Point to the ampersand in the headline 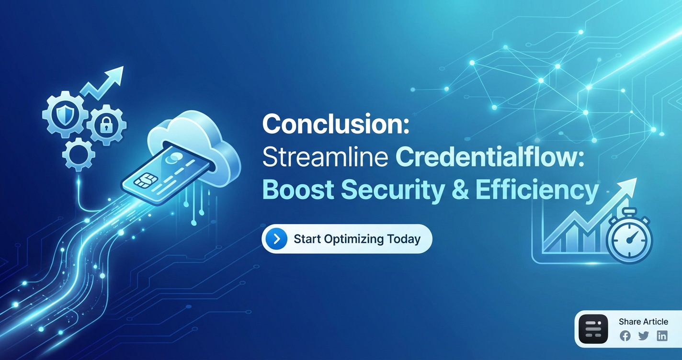point(460,190)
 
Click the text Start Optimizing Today point(357,239)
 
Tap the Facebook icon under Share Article point(625,336)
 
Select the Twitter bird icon point(643,336)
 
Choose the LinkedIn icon point(662,336)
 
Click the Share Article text point(643,322)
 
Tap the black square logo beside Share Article point(593,329)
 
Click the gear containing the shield point(65,114)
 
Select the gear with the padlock point(106,125)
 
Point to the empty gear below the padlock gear point(79,155)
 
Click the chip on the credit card point(144,180)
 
